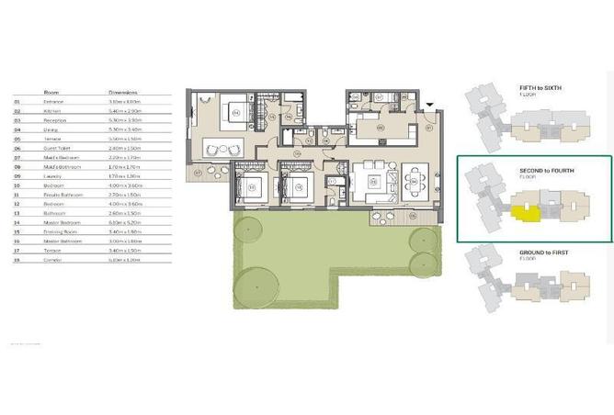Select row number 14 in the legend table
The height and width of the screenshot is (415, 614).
click(x=17, y=221)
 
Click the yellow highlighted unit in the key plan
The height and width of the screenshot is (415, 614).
click(x=525, y=215)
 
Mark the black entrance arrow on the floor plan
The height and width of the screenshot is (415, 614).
click(x=429, y=107)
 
